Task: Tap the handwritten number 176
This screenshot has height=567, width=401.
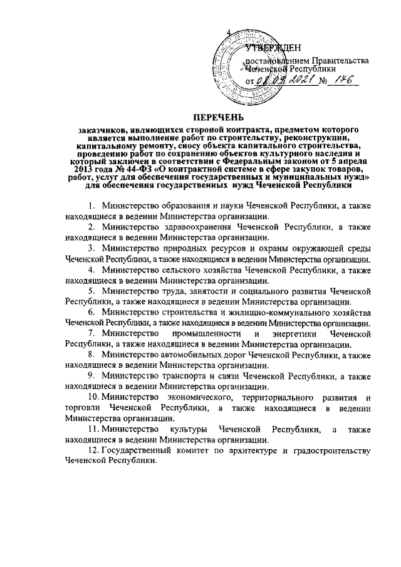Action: [x=341, y=80]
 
